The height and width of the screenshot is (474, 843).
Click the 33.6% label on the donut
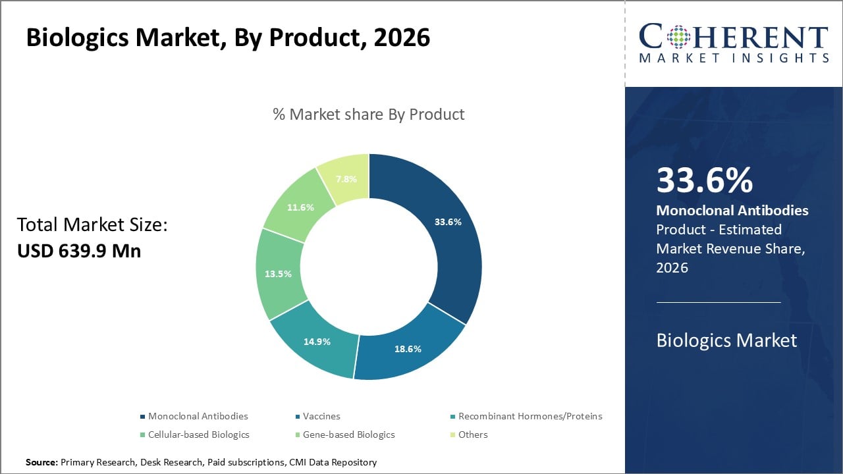(448, 222)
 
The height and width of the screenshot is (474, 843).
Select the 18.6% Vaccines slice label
(408, 349)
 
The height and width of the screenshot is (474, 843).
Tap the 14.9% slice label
(317, 342)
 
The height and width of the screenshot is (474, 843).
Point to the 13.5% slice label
(278, 274)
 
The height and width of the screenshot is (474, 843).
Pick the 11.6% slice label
(300, 207)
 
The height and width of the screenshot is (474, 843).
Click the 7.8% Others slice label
(347, 179)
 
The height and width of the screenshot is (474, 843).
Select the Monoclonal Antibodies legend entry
(198, 416)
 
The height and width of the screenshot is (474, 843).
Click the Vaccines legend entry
(321, 416)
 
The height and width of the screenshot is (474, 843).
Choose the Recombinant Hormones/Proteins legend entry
(530, 416)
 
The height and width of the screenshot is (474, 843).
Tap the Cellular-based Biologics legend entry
(198, 434)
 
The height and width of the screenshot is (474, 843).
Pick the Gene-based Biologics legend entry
(348, 434)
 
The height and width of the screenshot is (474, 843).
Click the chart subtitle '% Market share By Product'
(369, 114)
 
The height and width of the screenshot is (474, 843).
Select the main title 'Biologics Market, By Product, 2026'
(228, 38)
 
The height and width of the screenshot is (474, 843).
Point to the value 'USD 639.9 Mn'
(79, 251)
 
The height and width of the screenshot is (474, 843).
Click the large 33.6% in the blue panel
(704, 181)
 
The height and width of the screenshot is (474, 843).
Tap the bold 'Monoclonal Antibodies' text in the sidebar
(732, 211)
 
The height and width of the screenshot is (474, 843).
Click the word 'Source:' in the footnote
(41, 463)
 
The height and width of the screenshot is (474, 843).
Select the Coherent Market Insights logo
(734, 43)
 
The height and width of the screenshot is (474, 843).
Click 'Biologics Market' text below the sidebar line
(726, 340)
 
